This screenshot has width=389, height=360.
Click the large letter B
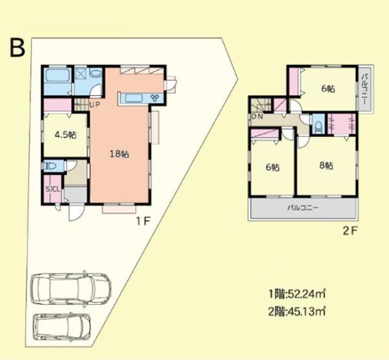(x=17, y=48)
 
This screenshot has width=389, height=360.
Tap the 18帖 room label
(x=119, y=154)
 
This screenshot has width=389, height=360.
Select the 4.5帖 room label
(x=65, y=135)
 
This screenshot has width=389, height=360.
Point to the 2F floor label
(x=349, y=230)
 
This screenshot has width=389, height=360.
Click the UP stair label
(x=95, y=105)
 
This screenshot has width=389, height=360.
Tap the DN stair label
(x=257, y=117)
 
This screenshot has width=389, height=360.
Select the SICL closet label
(x=53, y=189)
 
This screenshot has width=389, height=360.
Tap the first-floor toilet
(x=53, y=167)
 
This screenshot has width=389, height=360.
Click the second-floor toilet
(x=318, y=125)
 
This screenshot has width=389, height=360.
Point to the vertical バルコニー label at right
(x=365, y=90)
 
